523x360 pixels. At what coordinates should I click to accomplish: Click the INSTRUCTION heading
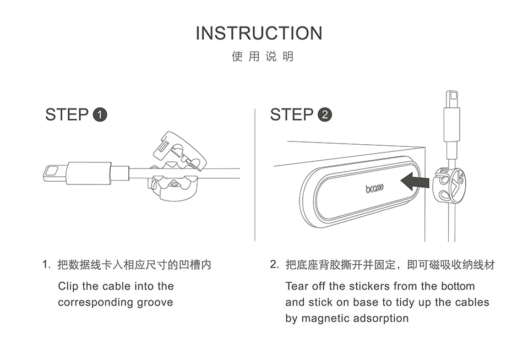[259, 33]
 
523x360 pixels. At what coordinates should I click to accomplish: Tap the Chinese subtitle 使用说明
[263, 57]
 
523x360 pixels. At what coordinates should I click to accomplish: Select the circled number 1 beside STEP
[100, 115]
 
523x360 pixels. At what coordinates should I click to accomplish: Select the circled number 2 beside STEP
[325, 115]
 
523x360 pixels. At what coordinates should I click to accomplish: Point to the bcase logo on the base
[375, 188]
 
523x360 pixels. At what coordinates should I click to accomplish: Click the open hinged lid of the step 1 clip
[177, 149]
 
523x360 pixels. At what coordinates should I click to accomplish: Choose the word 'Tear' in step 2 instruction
[297, 286]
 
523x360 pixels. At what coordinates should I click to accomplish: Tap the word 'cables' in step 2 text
[472, 302]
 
